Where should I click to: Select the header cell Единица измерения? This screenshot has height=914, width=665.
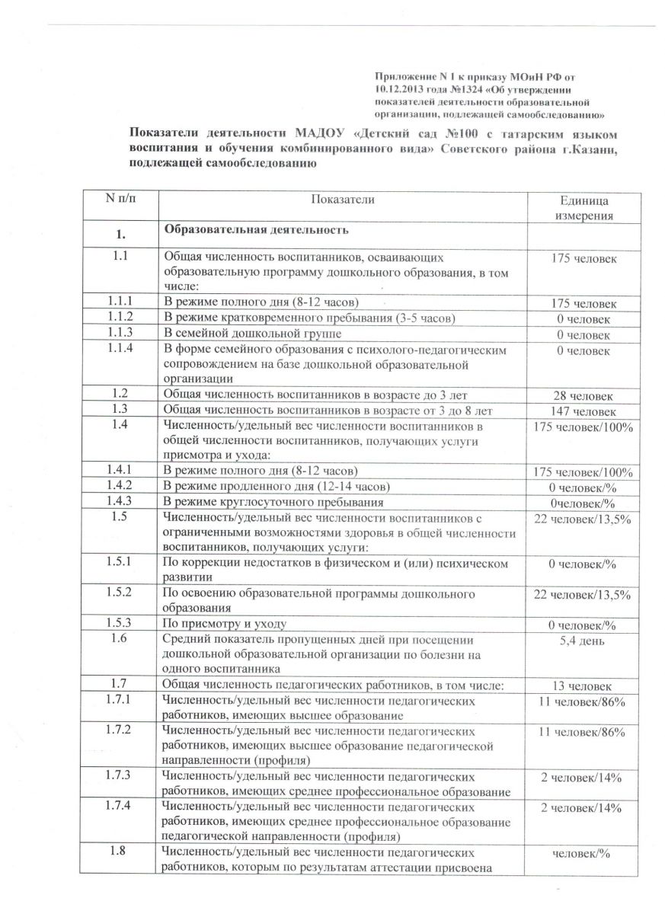click(x=584, y=208)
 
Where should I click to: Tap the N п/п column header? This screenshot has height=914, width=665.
click(x=119, y=199)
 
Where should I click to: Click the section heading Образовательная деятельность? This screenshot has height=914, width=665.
click(x=257, y=229)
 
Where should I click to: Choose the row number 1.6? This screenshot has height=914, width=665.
click(x=119, y=639)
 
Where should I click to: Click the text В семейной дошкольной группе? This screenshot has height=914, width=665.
click(x=252, y=334)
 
